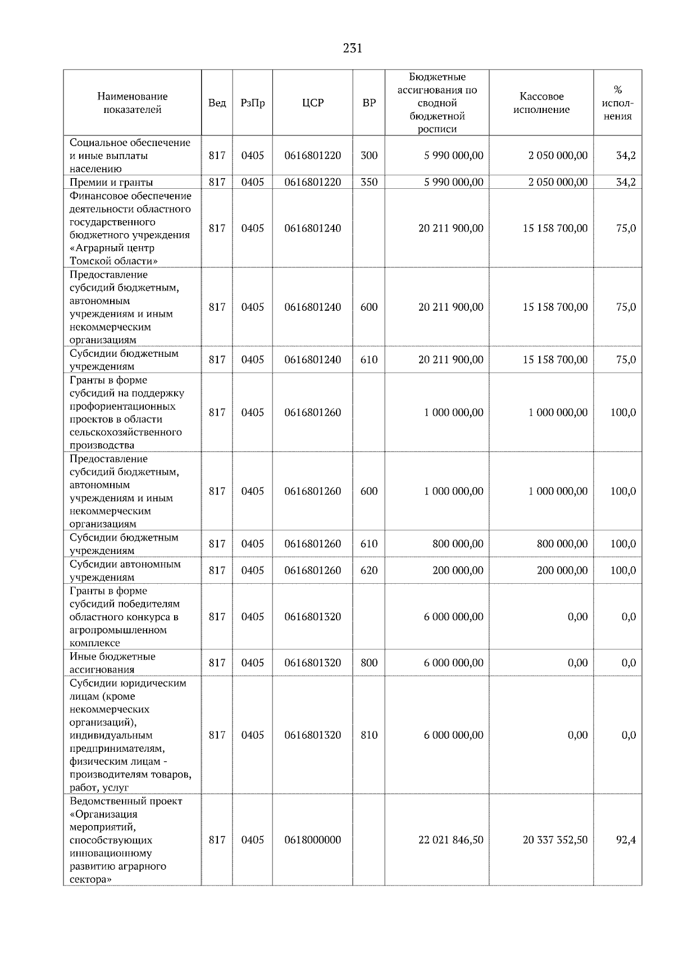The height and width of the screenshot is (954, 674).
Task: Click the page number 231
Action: tap(352, 48)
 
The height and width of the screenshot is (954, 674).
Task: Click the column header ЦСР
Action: tap(312, 103)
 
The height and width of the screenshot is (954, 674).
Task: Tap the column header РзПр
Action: tap(252, 103)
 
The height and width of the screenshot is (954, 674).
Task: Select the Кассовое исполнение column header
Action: tap(541, 103)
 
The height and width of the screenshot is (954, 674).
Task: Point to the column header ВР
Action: tap(368, 103)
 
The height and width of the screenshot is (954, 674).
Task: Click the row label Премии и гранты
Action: tap(111, 182)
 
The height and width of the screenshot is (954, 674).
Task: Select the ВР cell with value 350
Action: tap(368, 182)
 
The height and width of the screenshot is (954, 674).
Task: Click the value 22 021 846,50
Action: tap(450, 840)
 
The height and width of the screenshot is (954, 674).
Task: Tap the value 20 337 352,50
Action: tap(555, 840)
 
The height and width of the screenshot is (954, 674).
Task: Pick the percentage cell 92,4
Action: tap(626, 840)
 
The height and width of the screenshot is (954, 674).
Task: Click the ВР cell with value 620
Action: tap(368, 570)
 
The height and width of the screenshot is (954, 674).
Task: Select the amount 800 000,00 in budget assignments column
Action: tap(457, 544)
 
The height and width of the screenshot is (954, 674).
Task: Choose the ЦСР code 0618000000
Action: tap(312, 840)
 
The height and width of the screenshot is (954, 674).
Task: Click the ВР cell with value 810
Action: tap(368, 735)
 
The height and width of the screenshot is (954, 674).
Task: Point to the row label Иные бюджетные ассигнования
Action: tap(112, 663)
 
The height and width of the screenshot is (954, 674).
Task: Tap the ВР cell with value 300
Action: tap(368, 156)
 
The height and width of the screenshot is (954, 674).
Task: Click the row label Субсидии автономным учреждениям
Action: tap(125, 570)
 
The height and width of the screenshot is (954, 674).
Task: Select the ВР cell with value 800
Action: tap(368, 663)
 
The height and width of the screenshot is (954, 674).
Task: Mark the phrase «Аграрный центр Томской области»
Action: tap(113, 255)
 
